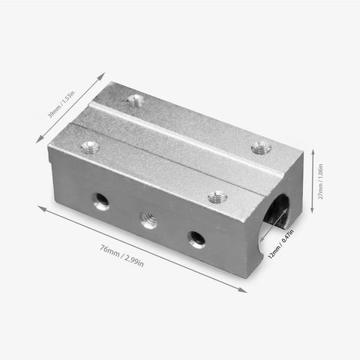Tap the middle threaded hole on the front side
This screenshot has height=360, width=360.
(x=148, y=220)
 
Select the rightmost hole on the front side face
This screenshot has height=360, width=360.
(x=197, y=239)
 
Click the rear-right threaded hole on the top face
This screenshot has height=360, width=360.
(x=260, y=148)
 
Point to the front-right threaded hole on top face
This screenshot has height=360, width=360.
(x=217, y=197)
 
